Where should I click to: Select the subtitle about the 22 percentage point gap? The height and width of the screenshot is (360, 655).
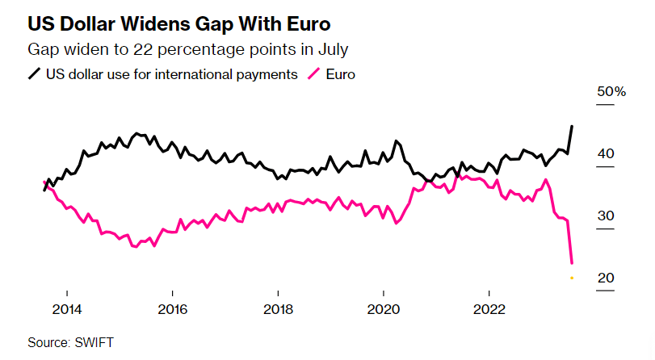click(187, 49)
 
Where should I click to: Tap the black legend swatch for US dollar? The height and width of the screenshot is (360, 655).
click(35, 74)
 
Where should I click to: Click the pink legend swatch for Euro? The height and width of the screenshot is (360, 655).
click(313, 74)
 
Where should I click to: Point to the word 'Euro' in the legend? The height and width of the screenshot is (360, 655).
click(340, 74)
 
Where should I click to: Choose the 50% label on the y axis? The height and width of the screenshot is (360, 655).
click(611, 92)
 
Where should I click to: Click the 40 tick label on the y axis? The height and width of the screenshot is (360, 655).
click(605, 153)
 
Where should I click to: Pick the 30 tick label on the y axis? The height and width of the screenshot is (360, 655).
click(605, 216)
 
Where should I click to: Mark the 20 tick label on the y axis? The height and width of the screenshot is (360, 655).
click(605, 278)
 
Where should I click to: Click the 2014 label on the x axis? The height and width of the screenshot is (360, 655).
click(67, 310)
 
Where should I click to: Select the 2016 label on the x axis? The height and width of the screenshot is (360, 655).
click(172, 310)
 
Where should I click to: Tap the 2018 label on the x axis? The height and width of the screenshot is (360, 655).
click(278, 310)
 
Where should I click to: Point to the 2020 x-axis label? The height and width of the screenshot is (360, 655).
click(383, 310)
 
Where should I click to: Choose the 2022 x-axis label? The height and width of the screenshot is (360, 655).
click(489, 310)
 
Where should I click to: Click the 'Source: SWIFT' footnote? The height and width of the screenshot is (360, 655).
click(70, 342)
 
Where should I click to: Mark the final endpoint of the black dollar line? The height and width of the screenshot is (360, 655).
click(572, 126)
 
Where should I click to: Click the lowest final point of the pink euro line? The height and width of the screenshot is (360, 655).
click(572, 262)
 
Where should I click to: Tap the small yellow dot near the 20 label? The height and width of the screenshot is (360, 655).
click(572, 278)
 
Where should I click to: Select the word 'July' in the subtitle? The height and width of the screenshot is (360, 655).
click(331, 49)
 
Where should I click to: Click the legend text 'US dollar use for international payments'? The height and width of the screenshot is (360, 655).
click(170, 74)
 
